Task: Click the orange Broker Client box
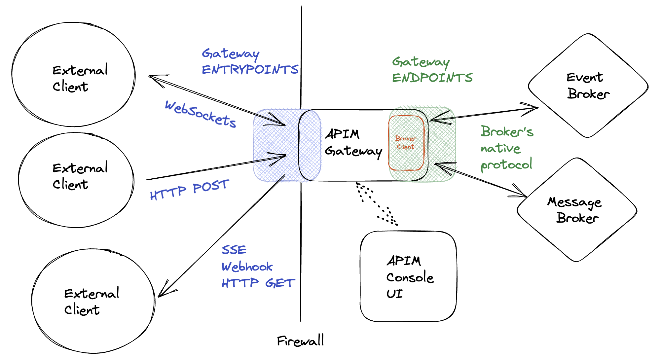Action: click(406, 143)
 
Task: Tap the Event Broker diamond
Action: click(588, 86)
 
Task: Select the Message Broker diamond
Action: click(576, 210)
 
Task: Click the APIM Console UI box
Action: click(408, 276)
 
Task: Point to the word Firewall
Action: click(300, 341)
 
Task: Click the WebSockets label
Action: click(201, 114)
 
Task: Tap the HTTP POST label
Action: click(189, 190)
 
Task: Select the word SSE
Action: click(234, 250)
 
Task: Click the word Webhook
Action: click(247, 267)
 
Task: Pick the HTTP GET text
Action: click(258, 283)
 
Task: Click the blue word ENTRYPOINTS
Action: click(250, 70)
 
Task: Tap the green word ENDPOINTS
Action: click(432, 78)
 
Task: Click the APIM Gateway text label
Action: click(353, 143)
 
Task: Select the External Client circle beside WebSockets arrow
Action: click(73, 75)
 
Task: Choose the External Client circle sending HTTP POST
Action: click(76, 180)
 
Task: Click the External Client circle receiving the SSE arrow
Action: click(93, 301)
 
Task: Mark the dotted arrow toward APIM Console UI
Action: click(377, 203)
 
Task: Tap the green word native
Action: click(500, 148)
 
